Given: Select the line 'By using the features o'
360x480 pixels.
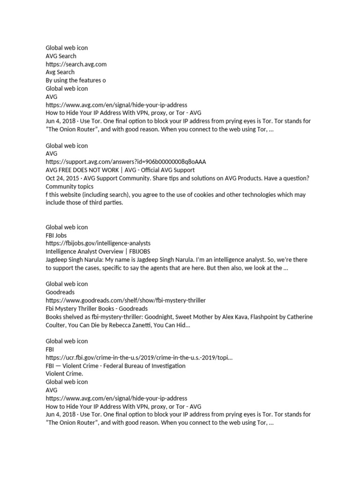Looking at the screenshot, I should pyautogui.click(x=75, y=80).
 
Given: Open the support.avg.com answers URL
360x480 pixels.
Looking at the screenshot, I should pyautogui.click(x=126, y=162).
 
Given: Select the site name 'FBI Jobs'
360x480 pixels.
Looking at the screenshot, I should pyautogui.click(x=56, y=235).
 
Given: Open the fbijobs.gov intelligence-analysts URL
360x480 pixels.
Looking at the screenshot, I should pyautogui.click(x=98, y=243).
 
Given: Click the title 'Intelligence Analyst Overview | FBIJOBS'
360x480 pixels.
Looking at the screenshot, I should pyautogui.click(x=97, y=251).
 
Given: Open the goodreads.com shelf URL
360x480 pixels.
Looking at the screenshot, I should pyautogui.click(x=126, y=300).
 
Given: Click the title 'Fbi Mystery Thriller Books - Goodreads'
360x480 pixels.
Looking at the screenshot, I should pyautogui.click(x=97, y=308).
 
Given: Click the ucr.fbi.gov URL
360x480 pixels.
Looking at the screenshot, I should pyautogui.click(x=139, y=358).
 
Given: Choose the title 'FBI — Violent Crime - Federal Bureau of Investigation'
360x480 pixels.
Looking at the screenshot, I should pyautogui.click(x=115, y=366).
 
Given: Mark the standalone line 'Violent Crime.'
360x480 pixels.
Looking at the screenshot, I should pyautogui.click(x=64, y=374).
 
